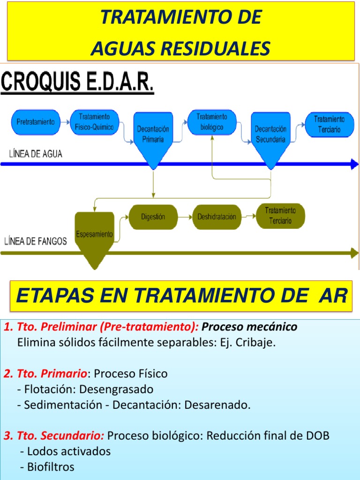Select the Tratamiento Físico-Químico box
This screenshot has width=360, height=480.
coord(94,123)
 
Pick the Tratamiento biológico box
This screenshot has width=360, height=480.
coord(211,122)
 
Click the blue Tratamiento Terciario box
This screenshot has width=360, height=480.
coord(329,124)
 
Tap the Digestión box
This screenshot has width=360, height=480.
coord(153,217)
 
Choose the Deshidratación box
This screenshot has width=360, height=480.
coord(217,217)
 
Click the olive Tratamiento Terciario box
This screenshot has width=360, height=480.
coord(280,216)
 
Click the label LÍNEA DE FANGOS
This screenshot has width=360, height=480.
coord(35,241)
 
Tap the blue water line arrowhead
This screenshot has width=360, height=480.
coord(354,164)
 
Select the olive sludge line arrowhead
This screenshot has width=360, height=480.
coord(354,253)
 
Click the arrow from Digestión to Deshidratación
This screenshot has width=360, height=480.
coord(184,217)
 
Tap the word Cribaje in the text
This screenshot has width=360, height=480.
coord(256,342)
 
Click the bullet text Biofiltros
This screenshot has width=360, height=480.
coord(51,467)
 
